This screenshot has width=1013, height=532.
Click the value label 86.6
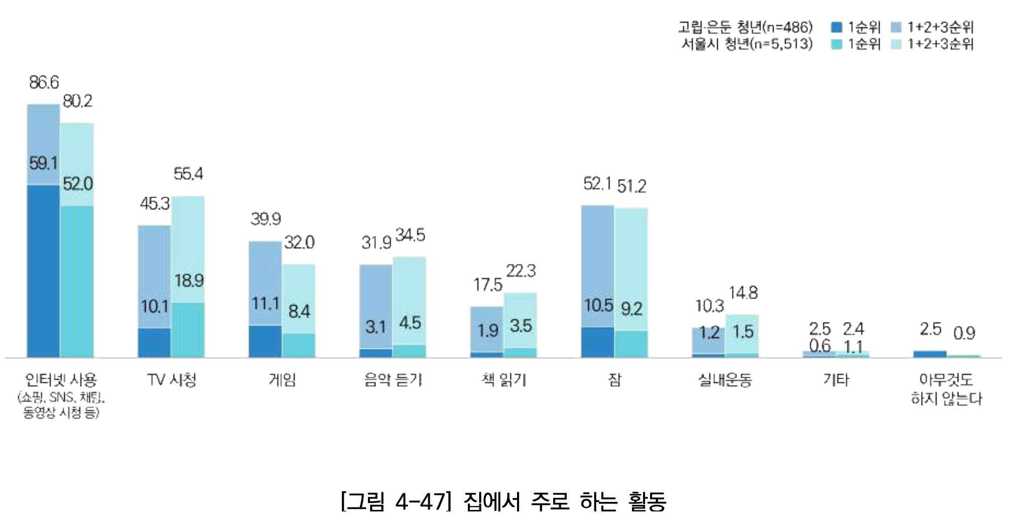[x=44, y=82]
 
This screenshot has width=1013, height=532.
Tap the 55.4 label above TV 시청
[x=188, y=174]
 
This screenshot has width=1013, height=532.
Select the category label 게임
[x=282, y=380]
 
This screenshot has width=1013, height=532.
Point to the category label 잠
[x=614, y=380]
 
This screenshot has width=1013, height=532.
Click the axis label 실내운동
[x=725, y=380]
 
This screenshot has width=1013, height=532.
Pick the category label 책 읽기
[x=503, y=380]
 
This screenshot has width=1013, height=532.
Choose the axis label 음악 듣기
[x=393, y=380]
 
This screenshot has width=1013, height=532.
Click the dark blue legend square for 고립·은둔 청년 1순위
[x=836, y=27]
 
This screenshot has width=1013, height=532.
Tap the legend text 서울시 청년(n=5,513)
[x=746, y=44]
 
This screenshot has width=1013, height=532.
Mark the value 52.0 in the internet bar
[x=77, y=184]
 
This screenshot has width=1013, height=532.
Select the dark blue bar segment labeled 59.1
[x=43, y=271]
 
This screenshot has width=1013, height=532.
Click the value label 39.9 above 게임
[x=266, y=219]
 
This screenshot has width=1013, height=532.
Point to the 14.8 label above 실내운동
[x=743, y=293]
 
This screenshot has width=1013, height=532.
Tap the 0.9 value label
[x=964, y=333]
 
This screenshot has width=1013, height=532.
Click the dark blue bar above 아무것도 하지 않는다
[x=930, y=354]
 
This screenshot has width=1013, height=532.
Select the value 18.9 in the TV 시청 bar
[x=189, y=281]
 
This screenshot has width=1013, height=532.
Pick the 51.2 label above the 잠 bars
[x=631, y=187]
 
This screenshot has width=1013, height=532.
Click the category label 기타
[x=836, y=380]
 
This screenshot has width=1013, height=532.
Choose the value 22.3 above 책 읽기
[x=521, y=271]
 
